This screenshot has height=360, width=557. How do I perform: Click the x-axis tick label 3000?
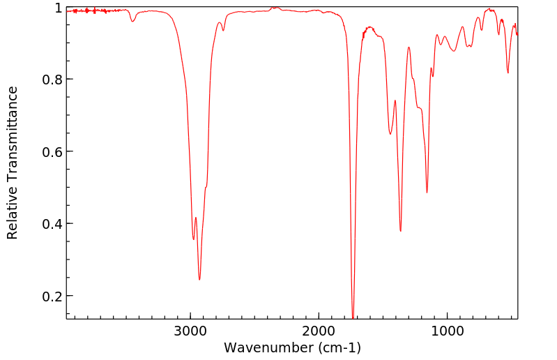191,331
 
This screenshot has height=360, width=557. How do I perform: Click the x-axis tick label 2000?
319,331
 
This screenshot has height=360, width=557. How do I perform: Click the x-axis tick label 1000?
446,331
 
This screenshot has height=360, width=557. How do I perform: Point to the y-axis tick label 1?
59,8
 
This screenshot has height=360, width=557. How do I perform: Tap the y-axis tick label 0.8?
52,80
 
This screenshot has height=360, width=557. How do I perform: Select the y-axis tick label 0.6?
52,151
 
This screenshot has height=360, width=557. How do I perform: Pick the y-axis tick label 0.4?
52,224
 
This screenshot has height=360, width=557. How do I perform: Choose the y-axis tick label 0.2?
52,296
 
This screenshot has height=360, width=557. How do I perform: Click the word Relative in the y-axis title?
13,209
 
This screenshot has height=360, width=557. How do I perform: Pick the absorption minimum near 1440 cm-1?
390,134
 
